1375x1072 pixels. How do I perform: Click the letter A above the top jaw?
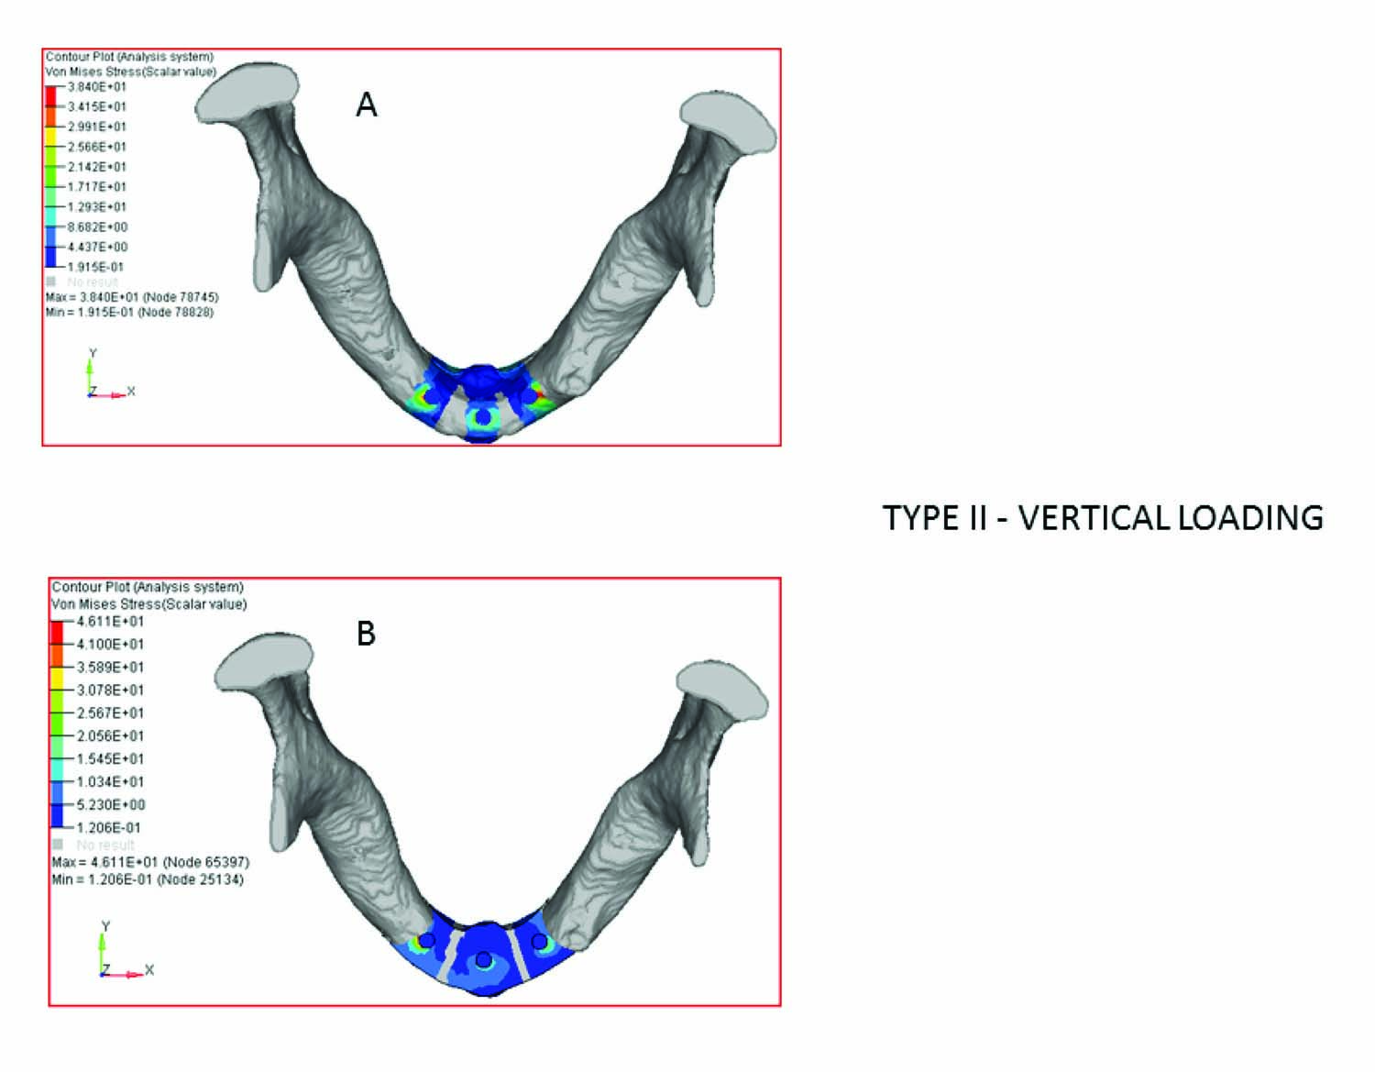pyautogui.click(x=366, y=105)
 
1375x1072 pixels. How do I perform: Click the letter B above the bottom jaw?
pyautogui.click(x=366, y=634)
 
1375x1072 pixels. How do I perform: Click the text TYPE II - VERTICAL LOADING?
pyautogui.click(x=1103, y=518)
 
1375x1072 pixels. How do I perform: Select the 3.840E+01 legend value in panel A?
pyautogui.click(x=97, y=87)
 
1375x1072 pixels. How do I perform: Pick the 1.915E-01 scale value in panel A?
pyautogui.click(x=95, y=267)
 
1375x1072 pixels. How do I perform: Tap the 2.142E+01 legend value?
pyautogui.click(x=97, y=167)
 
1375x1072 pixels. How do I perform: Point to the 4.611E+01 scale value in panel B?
pyautogui.click(x=110, y=621)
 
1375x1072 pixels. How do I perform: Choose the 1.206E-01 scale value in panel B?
pyautogui.click(x=108, y=827)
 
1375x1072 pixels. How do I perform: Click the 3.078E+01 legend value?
pyautogui.click(x=110, y=690)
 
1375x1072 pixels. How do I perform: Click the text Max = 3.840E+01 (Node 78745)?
pyautogui.click(x=132, y=297)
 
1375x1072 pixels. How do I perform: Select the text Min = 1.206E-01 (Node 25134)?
pyautogui.click(x=148, y=879)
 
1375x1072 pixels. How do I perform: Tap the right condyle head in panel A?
pyautogui.click(x=729, y=122)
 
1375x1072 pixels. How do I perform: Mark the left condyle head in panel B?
pyautogui.click(x=264, y=661)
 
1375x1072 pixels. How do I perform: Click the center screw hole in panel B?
pyautogui.click(x=483, y=959)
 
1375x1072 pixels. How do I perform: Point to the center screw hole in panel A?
pyautogui.click(x=482, y=418)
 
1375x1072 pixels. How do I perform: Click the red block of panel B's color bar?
pyautogui.click(x=58, y=632)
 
